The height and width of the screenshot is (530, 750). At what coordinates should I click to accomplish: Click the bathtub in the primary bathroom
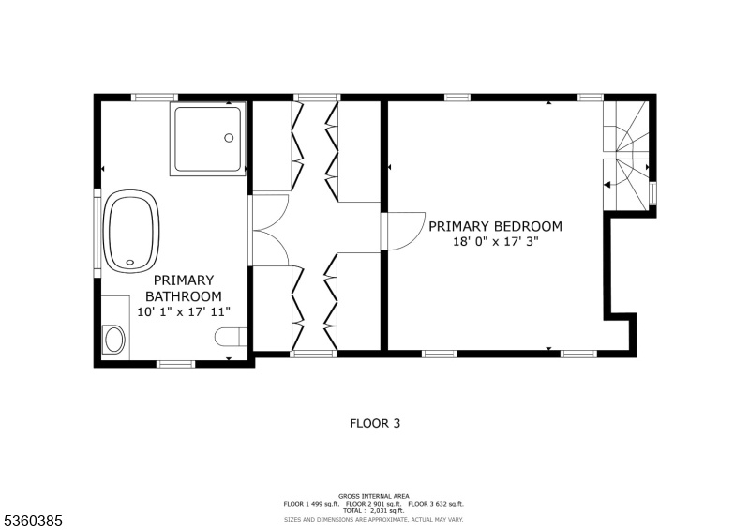pyautogui.click(x=131, y=232)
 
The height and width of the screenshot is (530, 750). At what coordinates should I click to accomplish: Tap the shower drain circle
pyautogui.click(x=229, y=138)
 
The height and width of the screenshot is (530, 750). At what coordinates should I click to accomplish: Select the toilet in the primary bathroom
pyautogui.click(x=231, y=337)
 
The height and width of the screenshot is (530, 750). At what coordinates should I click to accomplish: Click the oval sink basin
pyautogui.click(x=113, y=340)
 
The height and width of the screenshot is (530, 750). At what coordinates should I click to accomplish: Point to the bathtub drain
pyautogui.click(x=130, y=262)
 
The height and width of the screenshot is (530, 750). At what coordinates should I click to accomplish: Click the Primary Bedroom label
pyautogui.click(x=495, y=226)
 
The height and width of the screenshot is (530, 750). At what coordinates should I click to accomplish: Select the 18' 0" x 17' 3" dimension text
pyautogui.click(x=496, y=242)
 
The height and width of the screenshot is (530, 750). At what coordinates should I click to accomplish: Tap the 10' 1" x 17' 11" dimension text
pyautogui.click(x=184, y=312)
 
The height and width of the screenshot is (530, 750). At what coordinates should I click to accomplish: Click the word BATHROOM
pyautogui.click(x=184, y=296)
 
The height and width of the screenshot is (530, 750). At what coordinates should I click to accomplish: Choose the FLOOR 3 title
pyautogui.click(x=374, y=423)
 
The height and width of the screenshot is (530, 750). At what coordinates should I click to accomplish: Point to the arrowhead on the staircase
pyautogui.click(x=607, y=184)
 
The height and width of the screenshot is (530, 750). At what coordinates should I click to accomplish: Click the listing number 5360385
pyautogui.click(x=34, y=521)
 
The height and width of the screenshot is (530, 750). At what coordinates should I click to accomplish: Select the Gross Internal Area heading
pyautogui.click(x=373, y=496)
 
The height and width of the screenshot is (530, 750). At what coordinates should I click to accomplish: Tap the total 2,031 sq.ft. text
pyautogui.click(x=373, y=511)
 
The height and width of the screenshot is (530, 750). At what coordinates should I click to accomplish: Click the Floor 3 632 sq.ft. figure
pyautogui.click(x=436, y=504)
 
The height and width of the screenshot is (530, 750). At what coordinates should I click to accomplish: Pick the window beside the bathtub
pyautogui.click(x=97, y=233)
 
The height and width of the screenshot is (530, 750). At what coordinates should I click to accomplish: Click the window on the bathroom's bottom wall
pyautogui.click(x=176, y=364)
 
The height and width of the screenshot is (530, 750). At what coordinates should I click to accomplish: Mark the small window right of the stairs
pyautogui.click(x=652, y=193)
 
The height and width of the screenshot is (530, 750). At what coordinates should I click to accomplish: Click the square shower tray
pyautogui.click(x=208, y=139)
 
